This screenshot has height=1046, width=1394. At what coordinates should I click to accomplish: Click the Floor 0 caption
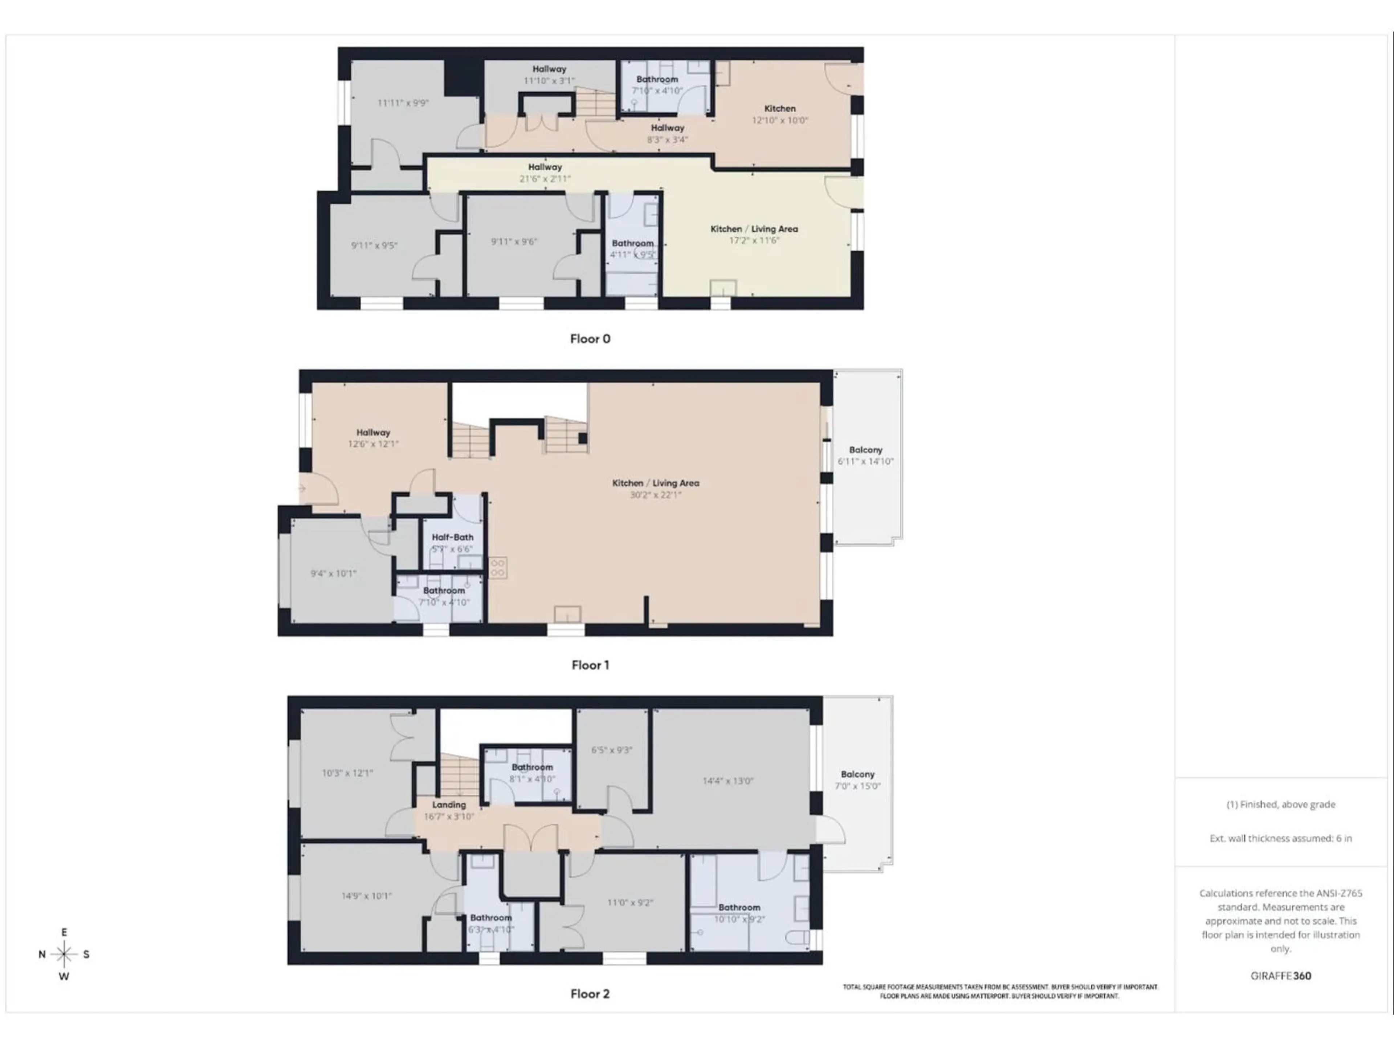pyautogui.click(x=590, y=338)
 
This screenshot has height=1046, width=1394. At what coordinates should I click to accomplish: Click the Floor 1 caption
pyautogui.click(x=590, y=665)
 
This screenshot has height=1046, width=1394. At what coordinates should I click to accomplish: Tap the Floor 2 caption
pyautogui.click(x=590, y=994)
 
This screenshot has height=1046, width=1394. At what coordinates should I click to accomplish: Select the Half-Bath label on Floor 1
pyautogui.click(x=452, y=537)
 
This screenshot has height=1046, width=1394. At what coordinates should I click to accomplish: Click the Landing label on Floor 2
pyautogui.click(x=449, y=805)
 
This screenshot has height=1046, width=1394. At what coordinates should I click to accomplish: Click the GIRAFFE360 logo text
pyautogui.click(x=1281, y=976)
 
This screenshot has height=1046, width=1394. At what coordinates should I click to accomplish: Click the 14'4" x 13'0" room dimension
pyautogui.click(x=728, y=781)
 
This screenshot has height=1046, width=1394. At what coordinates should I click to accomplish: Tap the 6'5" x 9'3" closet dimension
pyautogui.click(x=611, y=750)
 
